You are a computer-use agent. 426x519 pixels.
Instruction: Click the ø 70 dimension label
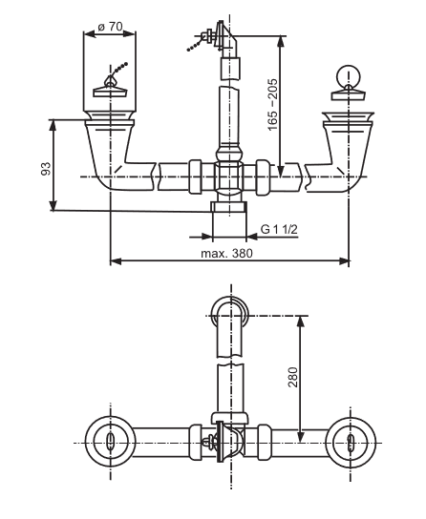tap(111, 27)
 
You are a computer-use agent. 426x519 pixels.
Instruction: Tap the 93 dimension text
tap(46, 169)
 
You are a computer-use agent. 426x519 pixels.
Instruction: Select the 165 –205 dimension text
tap(273, 105)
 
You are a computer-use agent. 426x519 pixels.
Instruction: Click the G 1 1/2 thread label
tap(279, 229)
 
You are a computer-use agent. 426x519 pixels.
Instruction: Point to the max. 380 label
tap(226, 253)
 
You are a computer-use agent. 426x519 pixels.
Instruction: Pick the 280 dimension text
tap(293, 377)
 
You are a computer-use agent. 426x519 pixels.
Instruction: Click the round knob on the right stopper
tap(348, 75)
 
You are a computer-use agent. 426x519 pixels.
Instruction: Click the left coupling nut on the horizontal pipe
tap(195, 176)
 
